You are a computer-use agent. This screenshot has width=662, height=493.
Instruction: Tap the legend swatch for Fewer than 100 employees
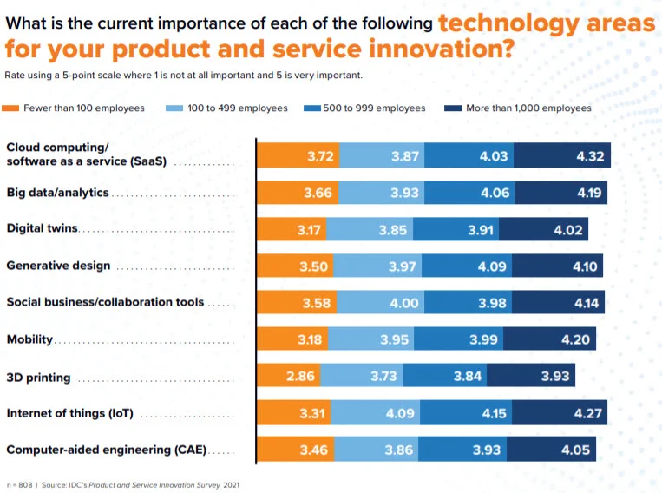[x=12, y=108]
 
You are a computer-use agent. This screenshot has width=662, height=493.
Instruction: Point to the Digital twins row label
[x=42, y=229]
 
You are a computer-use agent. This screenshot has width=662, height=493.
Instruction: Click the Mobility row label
[x=29, y=339]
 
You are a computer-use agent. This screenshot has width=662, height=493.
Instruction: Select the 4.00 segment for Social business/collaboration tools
[x=404, y=303]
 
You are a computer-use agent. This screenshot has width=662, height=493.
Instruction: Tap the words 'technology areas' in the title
[x=547, y=23]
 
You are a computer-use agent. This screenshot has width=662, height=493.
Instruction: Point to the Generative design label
[x=58, y=266]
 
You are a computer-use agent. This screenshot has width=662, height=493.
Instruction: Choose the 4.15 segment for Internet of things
[x=493, y=413]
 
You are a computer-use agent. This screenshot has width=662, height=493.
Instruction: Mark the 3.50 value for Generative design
[x=314, y=266]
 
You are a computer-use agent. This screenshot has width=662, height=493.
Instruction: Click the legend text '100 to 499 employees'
[x=238, y=108]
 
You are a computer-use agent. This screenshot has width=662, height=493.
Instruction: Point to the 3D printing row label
[x=38, y=378]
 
